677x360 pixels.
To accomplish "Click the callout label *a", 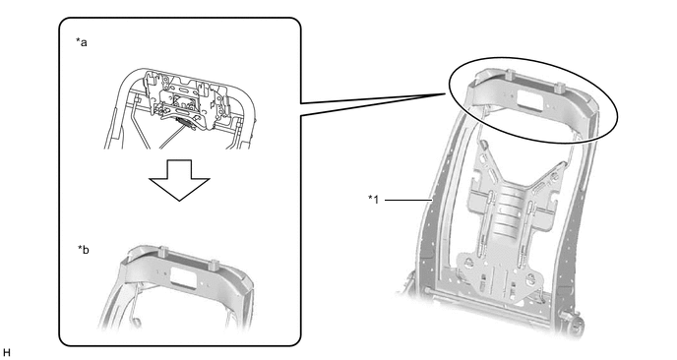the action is (81, 42).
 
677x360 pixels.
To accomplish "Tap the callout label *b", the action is (84, 250).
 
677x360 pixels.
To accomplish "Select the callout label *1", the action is (374, 199).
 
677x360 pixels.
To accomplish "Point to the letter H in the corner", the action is (6, 353).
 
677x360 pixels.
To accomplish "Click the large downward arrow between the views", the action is (179, 180).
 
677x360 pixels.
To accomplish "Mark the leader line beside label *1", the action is (408, 200).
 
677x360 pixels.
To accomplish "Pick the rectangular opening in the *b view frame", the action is (184, 276).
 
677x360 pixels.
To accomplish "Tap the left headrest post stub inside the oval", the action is (509, 74).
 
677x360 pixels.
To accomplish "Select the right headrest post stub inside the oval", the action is (560, 88).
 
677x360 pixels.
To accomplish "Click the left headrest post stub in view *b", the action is (163, 251).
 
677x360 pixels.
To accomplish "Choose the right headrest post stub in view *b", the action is (215, 265).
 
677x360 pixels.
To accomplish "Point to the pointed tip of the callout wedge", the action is (445, 93).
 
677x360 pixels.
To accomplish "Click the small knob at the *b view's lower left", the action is (138, 322).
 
